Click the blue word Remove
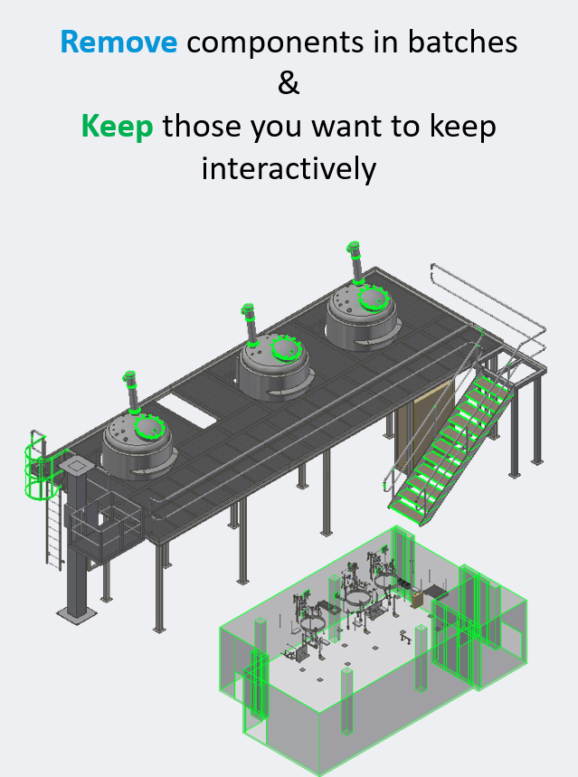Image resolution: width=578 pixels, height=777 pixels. pyautogui.click(x=118, y=42)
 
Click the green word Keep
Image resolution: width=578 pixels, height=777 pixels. pyautogui.click(x=117, y=126)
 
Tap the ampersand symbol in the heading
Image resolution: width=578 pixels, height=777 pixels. pyautogui.click(x=289, y=83)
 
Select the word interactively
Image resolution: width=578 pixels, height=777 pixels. pyautogui.click(x=289, y=168)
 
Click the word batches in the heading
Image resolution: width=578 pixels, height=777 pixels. pyautogui.click(x=462, y=42)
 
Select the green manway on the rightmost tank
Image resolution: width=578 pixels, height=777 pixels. pyautogui.click(x=373, y=298)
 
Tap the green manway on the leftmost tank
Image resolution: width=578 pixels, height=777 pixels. pyautogui.click(x=149, y=427)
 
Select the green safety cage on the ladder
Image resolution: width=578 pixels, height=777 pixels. pyautogui.click(x=37, y=466)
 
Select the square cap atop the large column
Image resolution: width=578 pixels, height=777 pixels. pyautogui.click(x=75, y=465)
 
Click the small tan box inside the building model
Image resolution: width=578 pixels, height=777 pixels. pyautogui.click(x=417, y=598)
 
